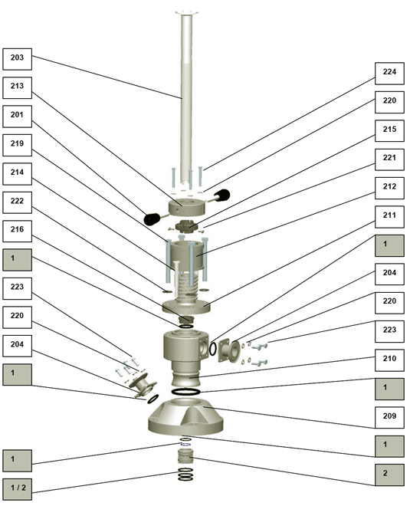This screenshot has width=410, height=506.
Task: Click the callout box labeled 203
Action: click(x=18, y=59)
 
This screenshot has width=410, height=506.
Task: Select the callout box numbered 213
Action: click(x=18, y=87)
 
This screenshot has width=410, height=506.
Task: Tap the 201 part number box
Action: click(x=18, y=117)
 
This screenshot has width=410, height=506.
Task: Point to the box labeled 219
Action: click(x=18, y=145)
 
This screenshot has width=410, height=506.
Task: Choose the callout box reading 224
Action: click(x=389, y=74)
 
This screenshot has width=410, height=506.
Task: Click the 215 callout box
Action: click(x=389, y=130)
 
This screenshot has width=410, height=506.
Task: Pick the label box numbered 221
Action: click(x=389, y=159)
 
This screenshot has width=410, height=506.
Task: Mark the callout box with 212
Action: click(x=389, y=188)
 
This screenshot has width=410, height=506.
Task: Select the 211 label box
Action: click(x=389, y=217)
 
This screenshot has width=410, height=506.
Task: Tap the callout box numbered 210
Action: click(x=389, y=360)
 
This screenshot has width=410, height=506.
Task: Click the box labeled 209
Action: click(x=389, y=418)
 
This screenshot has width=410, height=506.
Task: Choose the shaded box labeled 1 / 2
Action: click(x=18, y=490)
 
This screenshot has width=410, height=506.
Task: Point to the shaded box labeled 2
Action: click(x=389, y=475)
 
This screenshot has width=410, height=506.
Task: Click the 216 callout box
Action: click(x=18, y=231)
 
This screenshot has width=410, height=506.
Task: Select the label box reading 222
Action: click(x=18, y=202)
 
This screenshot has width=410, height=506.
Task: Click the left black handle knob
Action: click(x=152, y=219)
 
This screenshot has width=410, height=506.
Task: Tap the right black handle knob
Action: click(x=223, y=195)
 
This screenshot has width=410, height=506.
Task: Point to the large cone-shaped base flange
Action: click(x=185, y=416)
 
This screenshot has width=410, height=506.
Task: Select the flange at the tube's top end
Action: click(x=186, y=13)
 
